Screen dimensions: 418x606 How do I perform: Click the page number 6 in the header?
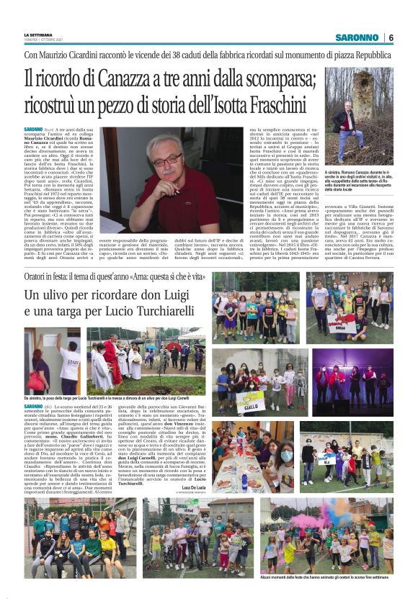pos(391,37)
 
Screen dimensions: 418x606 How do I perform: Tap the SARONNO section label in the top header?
pos(357,37)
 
